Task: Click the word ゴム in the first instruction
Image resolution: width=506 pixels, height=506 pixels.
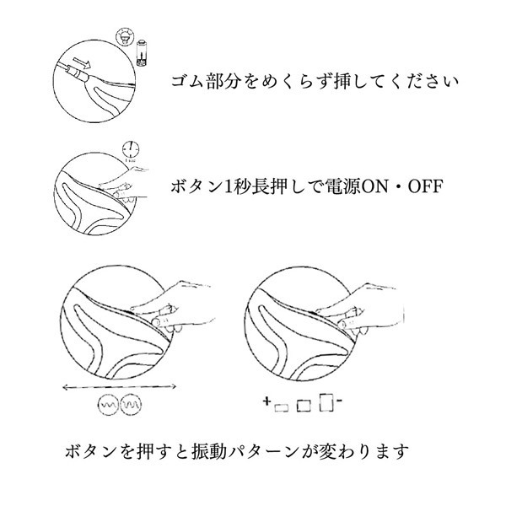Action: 184,84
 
